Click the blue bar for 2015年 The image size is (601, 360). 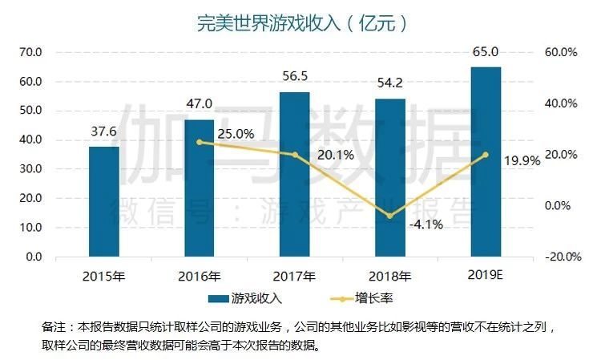tap(104, 201)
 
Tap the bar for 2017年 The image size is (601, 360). tap(295, 174)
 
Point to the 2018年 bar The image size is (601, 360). tap(390, 177)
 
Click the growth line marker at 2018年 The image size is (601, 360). tap(390, 216)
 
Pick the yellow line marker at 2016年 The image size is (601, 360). tap(200, 142)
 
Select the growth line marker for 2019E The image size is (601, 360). tap(486, 155)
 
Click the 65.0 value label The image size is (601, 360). tap(486, 52)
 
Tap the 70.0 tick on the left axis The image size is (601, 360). tap(31, 52)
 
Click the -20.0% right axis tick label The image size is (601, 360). tap(561, 257)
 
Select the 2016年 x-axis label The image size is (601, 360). tap(200, 277)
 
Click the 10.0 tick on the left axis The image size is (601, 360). tap(31, 228)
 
